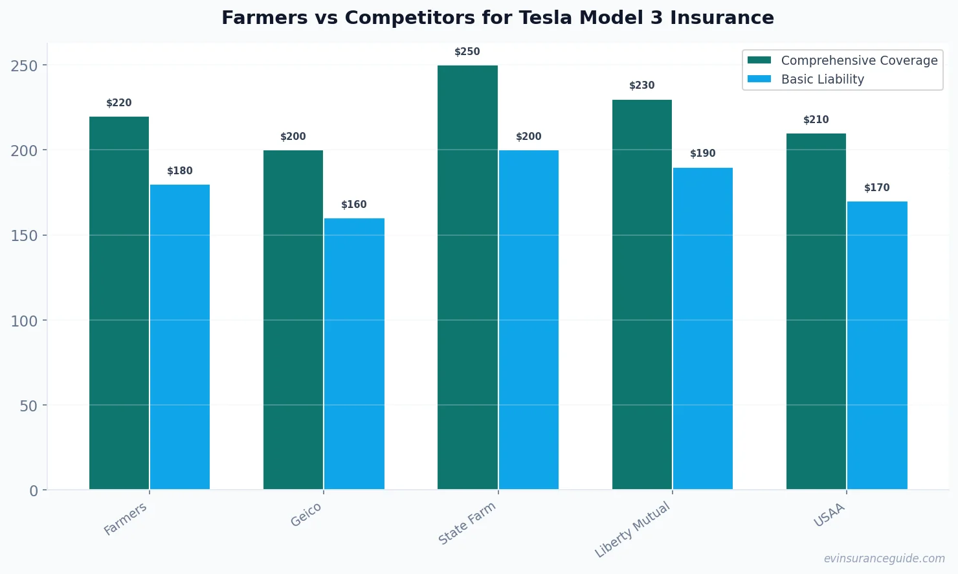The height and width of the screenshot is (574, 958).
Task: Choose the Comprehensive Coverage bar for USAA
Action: (816, 311)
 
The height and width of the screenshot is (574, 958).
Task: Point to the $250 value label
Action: (467, 52)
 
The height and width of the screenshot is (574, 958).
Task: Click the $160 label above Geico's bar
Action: (354, 205)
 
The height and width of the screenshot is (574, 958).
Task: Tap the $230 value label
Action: (642, 86)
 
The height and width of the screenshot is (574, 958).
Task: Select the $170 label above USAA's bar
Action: (877, 188)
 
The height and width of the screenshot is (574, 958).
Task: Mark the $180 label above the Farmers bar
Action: (180, 171)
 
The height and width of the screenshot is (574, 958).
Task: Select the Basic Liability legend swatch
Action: (759, 79)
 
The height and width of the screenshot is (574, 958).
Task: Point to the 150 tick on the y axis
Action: (24, 235)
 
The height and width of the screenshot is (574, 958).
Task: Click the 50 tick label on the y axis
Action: (28, 406)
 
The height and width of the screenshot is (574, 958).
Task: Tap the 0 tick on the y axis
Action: (34, 490)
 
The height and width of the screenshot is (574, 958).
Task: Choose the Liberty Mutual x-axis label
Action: (633, 529)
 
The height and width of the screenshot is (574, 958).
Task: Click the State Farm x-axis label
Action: (467, 523)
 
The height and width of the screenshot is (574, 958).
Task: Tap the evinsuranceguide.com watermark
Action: (884, 558)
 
